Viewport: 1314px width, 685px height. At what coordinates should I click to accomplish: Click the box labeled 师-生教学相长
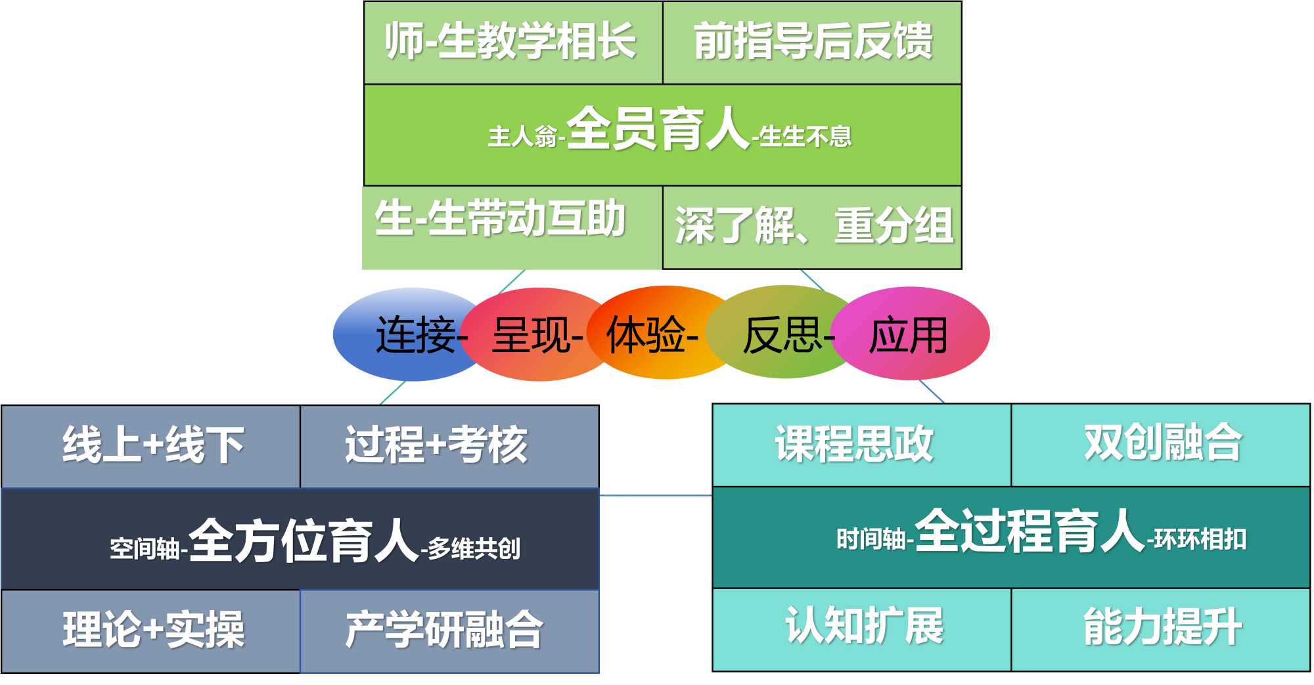point(512,42)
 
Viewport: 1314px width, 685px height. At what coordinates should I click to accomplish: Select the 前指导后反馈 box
point(812,42)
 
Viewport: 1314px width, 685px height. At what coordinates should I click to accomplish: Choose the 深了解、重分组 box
point(813,227)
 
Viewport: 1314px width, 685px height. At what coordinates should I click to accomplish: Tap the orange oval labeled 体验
point(650,334)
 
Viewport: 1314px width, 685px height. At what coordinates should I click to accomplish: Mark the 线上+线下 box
point(152,445)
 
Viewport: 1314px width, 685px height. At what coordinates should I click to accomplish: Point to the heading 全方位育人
point(304,541)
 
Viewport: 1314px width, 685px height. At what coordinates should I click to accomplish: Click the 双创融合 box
point(1161,445)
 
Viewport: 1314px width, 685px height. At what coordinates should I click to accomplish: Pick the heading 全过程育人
point(1030,532)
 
